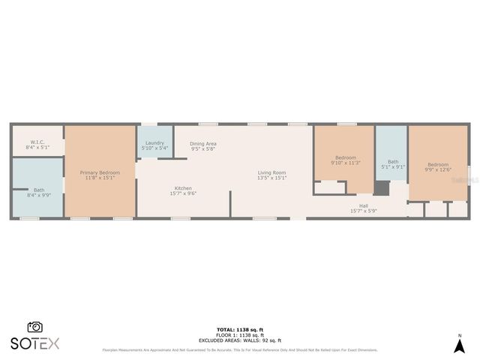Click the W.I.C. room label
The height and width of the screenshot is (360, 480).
point(37,142)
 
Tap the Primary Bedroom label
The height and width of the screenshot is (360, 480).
point(100,172)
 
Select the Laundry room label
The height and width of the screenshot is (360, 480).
point(154,142)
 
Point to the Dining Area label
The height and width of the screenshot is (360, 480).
point(202,143)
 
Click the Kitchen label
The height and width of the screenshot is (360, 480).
point(183,188)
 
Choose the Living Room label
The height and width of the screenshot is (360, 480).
point(271,172)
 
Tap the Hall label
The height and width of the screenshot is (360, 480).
point(364,205)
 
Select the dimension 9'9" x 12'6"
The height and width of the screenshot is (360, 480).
point(438,169)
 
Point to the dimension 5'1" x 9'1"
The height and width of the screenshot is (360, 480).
point(393,166)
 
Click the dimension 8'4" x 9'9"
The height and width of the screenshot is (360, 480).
point(38,195)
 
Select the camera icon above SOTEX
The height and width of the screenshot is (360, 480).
point(34,327)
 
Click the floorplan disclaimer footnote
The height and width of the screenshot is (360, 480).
point(240,349)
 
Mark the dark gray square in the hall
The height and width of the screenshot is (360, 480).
point(382,188)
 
